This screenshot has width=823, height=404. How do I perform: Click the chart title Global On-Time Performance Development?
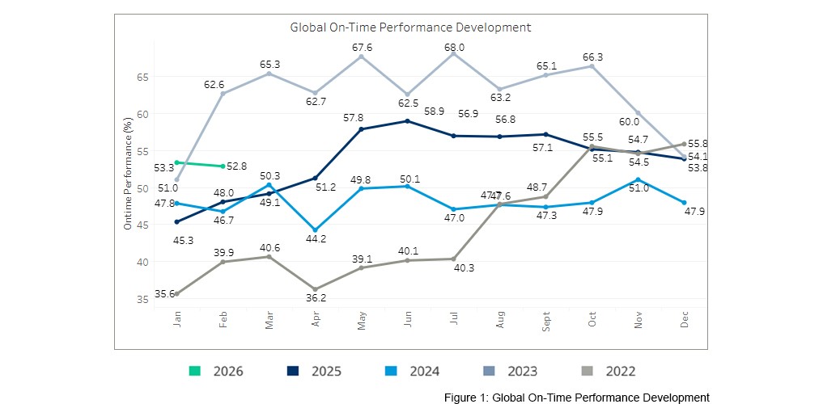[410, 27]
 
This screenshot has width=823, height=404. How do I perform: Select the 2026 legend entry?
[216, 372]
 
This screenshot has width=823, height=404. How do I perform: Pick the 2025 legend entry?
[314, 372]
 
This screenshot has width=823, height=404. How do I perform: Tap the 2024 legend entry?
[413, 372]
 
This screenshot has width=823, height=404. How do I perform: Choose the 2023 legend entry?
[511, 372]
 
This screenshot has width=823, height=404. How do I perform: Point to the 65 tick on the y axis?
[142, 77]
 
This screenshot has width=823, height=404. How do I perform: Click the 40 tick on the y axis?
[142, 262]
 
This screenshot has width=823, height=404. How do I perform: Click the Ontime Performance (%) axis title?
[128, 173]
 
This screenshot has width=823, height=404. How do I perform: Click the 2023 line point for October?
[592, 65]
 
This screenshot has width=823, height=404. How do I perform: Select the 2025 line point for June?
[407, 121]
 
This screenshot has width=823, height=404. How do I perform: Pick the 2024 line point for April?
[315, 230]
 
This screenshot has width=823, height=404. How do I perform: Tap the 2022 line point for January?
[176, 294]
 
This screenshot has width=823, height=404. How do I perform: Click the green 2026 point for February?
[223, 166]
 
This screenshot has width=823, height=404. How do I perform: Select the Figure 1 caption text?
[576, 397]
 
